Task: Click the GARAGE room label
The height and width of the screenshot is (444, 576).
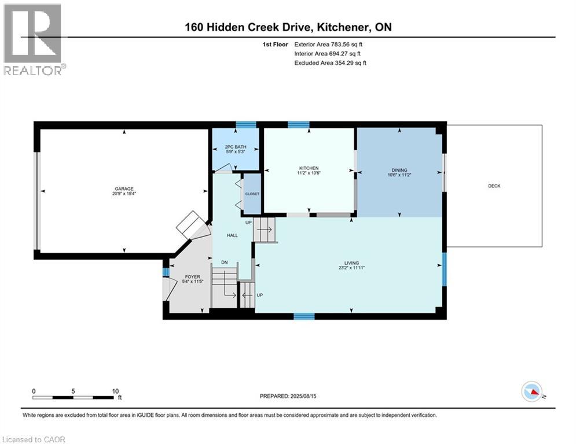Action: [x=124, y=188]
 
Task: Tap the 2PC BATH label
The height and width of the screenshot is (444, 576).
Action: [x=236, y=147]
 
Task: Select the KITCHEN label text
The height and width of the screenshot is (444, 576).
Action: [x=309, y=168]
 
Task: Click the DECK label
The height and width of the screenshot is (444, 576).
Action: [x=494, y=186]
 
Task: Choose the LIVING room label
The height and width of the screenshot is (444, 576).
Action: [x=351, y=263]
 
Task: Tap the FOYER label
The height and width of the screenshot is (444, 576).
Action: [x=192, y=276]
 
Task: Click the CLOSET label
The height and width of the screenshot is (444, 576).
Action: [x=253, y=194]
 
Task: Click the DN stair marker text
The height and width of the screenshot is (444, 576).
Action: [x=225, y=262]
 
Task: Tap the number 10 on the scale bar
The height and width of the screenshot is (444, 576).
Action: [x=115, y=390]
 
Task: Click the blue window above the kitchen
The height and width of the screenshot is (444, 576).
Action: [x=298, y=124]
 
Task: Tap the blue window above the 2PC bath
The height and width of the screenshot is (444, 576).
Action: [x=246, y=124]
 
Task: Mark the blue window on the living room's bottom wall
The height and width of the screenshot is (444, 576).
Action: [x=304, y=316]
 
